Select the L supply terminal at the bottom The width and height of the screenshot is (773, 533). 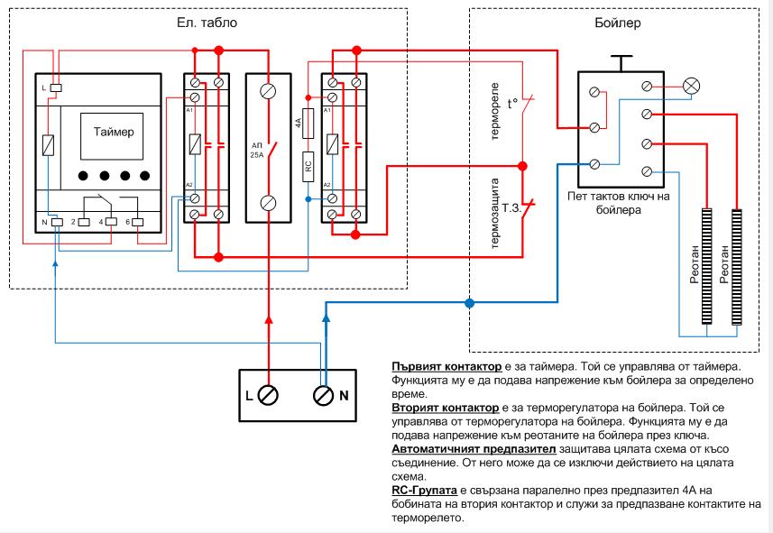(x=268, y=394)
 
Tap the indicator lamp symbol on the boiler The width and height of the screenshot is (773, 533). (x=692, y=87)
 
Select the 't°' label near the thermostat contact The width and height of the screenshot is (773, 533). (x=513, y=103)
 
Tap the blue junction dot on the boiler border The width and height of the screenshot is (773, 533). (x=468, y=303)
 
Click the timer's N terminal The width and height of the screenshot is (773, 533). (x=55, y=220)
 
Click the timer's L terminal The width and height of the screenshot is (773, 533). (x=55, y=87)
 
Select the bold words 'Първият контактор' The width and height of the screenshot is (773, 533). (x=437, y=368)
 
